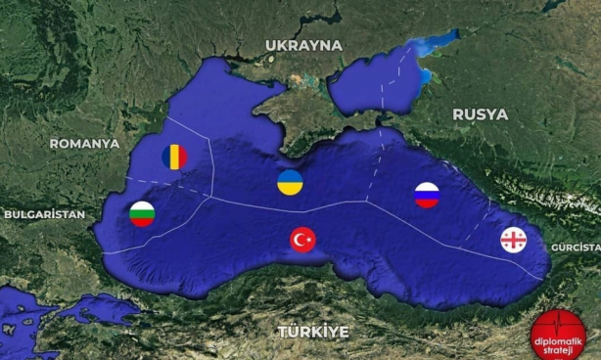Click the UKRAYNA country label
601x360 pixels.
click(303, 45)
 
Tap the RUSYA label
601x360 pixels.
click(480, 114)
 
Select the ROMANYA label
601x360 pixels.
click(84, 143)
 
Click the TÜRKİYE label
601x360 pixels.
click(312, 332)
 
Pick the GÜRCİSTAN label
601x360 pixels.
click(576, 248)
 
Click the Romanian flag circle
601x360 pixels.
click(174, 156)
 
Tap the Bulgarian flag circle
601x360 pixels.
click(143, 213)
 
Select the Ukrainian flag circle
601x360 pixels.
click(290, 181)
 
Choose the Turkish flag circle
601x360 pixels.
click(303, 240)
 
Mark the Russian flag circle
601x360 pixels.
click(427, 195)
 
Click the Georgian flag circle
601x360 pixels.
click(513, 240)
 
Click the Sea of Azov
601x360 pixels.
click(377, 83)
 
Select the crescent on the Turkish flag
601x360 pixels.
click(300, 240)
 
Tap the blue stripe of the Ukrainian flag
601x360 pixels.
click(290, 175)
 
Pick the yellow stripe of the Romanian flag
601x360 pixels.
click(174, 156)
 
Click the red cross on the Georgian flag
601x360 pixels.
click(513, 240)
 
